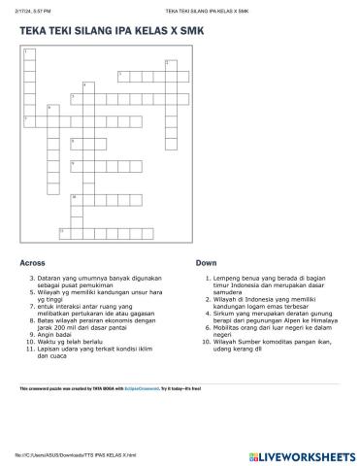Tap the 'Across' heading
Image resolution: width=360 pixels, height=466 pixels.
point(32,263)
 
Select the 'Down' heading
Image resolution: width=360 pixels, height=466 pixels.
point(206,263)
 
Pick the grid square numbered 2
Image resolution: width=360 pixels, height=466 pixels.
point(169,64)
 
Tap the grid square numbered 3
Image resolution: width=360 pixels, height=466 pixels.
point(121,75)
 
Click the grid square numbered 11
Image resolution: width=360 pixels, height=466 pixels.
point(63,231)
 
